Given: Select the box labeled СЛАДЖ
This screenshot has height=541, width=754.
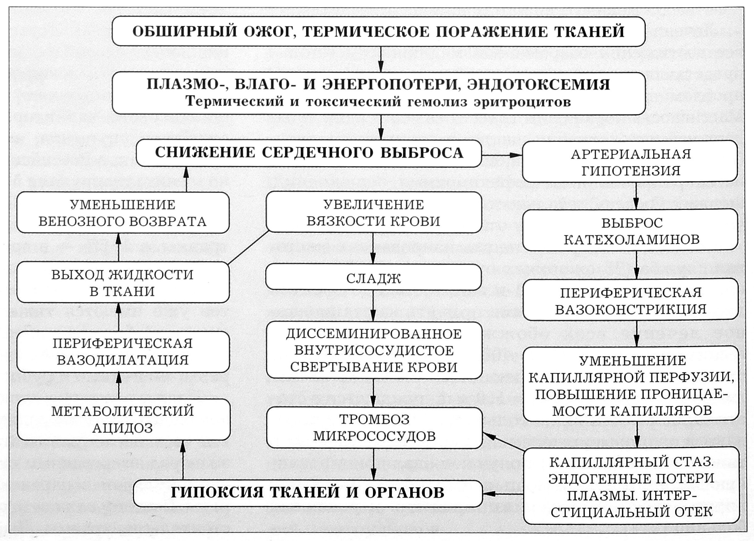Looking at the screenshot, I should click(x=373, y=279).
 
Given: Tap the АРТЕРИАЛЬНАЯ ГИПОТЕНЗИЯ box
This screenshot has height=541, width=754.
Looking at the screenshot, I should click(x=630, y=162).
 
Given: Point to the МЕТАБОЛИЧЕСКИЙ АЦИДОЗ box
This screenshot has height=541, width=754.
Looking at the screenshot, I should click(x=123, y=420).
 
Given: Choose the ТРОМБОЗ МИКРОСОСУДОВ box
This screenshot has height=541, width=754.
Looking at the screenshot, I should click(x=374, y=428).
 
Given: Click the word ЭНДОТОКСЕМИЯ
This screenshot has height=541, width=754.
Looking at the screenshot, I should click(x=538, y=85).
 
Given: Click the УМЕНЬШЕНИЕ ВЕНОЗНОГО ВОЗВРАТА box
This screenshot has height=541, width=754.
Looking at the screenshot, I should click(x=123, y=213).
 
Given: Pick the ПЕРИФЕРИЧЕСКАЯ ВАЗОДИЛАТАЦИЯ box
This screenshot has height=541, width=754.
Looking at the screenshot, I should click(x=123, y=351).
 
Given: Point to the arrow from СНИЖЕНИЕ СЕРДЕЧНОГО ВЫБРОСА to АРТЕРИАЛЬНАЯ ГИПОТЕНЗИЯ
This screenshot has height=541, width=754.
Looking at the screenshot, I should click(x=502, y=155).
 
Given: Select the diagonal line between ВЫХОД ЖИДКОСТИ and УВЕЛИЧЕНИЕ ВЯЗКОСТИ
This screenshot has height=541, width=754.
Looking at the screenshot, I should click(x=248, y=248).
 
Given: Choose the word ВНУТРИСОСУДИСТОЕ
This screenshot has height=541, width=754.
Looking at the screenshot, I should click(x=374, y=350).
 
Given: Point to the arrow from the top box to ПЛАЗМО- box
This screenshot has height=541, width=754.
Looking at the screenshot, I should click(x=381, y=59).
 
